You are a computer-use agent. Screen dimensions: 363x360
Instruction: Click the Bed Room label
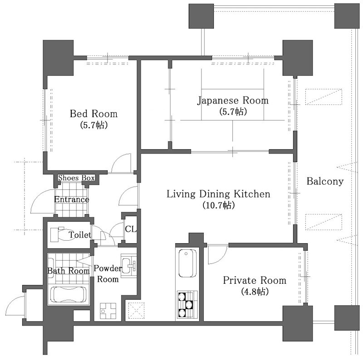pyautogui.click(x=93, y=114)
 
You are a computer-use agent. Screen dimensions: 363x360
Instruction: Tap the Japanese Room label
pyautogui.click(x=233, y=100)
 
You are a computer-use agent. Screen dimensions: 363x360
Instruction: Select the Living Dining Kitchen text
pyautogui.click(x=218, y=194)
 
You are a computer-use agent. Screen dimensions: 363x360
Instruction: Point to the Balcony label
pyautogui.click(x=325, y=181)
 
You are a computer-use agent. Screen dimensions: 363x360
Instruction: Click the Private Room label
pyautogui.click(x=255, y=280)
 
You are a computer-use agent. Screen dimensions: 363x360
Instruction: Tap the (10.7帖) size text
pyautogui.click(x=218, y=205)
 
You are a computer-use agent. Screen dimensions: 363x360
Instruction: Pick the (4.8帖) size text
pyautogui.click(x=255, y=291)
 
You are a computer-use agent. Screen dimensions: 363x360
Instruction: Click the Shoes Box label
pyautogui.click(x=76, y=178)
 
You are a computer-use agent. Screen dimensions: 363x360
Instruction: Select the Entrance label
pyautogui.click(x=72, y=199)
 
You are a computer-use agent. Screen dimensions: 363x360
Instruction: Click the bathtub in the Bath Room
pyautogui.click(x=69, y=295)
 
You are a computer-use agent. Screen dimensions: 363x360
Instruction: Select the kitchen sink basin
pyautogui.click(x=187, y=263)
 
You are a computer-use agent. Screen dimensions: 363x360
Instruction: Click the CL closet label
pyautogui.click(x=131, y=229)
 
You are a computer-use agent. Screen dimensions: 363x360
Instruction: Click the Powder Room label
pyautogui.click(x=108, y=274)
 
